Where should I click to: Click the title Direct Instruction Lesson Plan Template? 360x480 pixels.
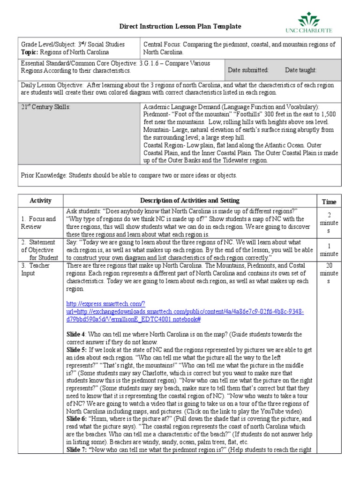[180, 27]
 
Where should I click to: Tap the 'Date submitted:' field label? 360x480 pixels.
[248, 70]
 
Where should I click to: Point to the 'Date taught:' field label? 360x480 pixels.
[300, 70]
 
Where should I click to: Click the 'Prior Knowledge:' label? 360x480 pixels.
[44, 175]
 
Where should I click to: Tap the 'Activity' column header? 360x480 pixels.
[40, 201]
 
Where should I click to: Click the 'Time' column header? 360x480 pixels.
[329, 202]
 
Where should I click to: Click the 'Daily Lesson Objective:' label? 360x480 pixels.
[52, 85]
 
